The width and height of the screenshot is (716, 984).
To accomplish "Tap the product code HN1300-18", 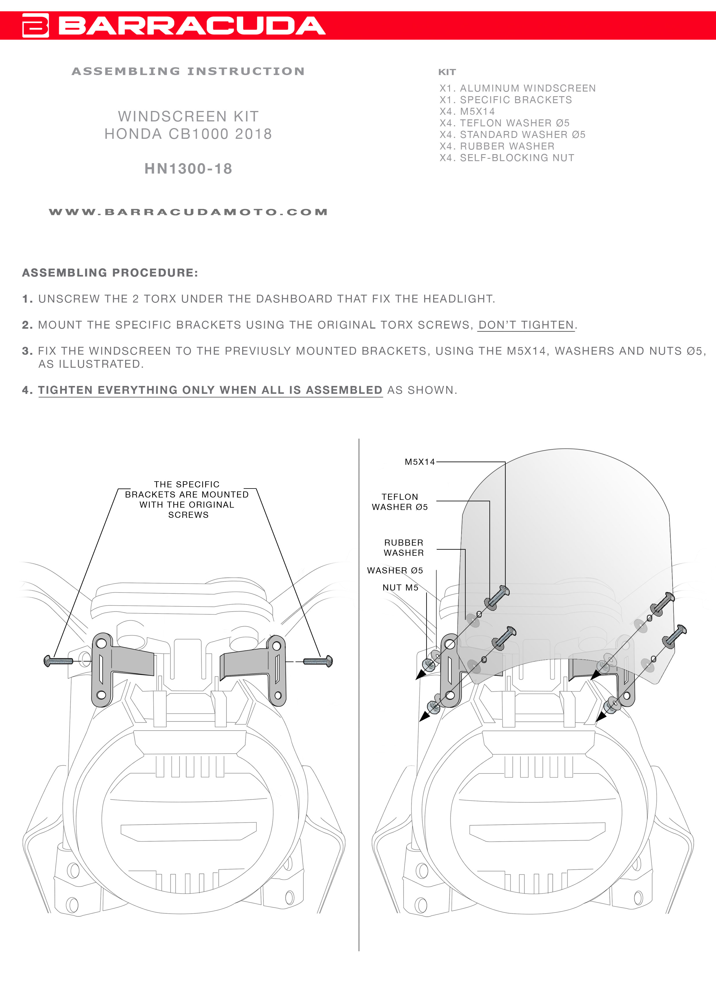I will click(188, 169).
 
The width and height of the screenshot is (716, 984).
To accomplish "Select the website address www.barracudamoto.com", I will click(188, 212).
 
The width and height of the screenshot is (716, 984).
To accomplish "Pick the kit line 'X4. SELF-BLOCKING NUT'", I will click(507, 158).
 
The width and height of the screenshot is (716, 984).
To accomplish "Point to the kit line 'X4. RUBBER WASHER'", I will click(497, 146).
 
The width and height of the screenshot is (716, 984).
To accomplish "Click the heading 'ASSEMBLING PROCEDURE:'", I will click(110, 273).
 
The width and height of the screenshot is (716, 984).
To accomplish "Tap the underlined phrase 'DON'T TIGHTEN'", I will click(526, 325).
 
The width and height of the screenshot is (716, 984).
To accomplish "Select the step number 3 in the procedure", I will click(27, 351).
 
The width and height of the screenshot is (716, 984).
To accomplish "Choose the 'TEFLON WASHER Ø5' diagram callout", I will click(400, 502).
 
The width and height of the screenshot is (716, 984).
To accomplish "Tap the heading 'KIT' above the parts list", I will click(447, 72).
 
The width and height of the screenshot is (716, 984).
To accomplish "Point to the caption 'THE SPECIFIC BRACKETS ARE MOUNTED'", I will click(187, 495).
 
